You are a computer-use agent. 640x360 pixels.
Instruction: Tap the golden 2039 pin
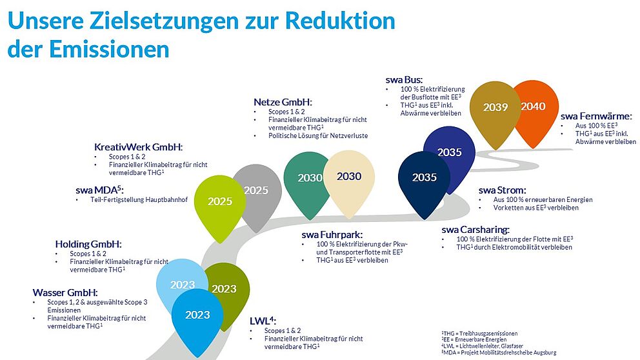[x=495, y=108]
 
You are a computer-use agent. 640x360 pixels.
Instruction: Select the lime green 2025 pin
[x=219, y=201]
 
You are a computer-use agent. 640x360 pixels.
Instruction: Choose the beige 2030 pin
[x=348, y=177]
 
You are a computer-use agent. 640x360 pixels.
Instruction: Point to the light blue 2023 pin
[x=182, y=285]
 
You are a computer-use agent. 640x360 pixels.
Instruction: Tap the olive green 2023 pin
[x=225, y=289]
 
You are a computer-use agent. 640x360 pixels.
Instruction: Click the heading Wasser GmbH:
[x=65, y=292]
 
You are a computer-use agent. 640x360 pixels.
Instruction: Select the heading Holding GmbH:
[x=88, y=244]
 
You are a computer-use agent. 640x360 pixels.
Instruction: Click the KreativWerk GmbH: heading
[x=138, y=146]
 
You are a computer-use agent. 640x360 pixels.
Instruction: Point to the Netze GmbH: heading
[x=283, y=102]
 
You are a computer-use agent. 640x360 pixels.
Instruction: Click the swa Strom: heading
[x=502, y=190]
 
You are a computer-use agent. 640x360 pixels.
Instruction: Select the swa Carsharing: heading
[x=475, y=229]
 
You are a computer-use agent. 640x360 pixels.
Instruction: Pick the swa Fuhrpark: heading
[x=332, y=234]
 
